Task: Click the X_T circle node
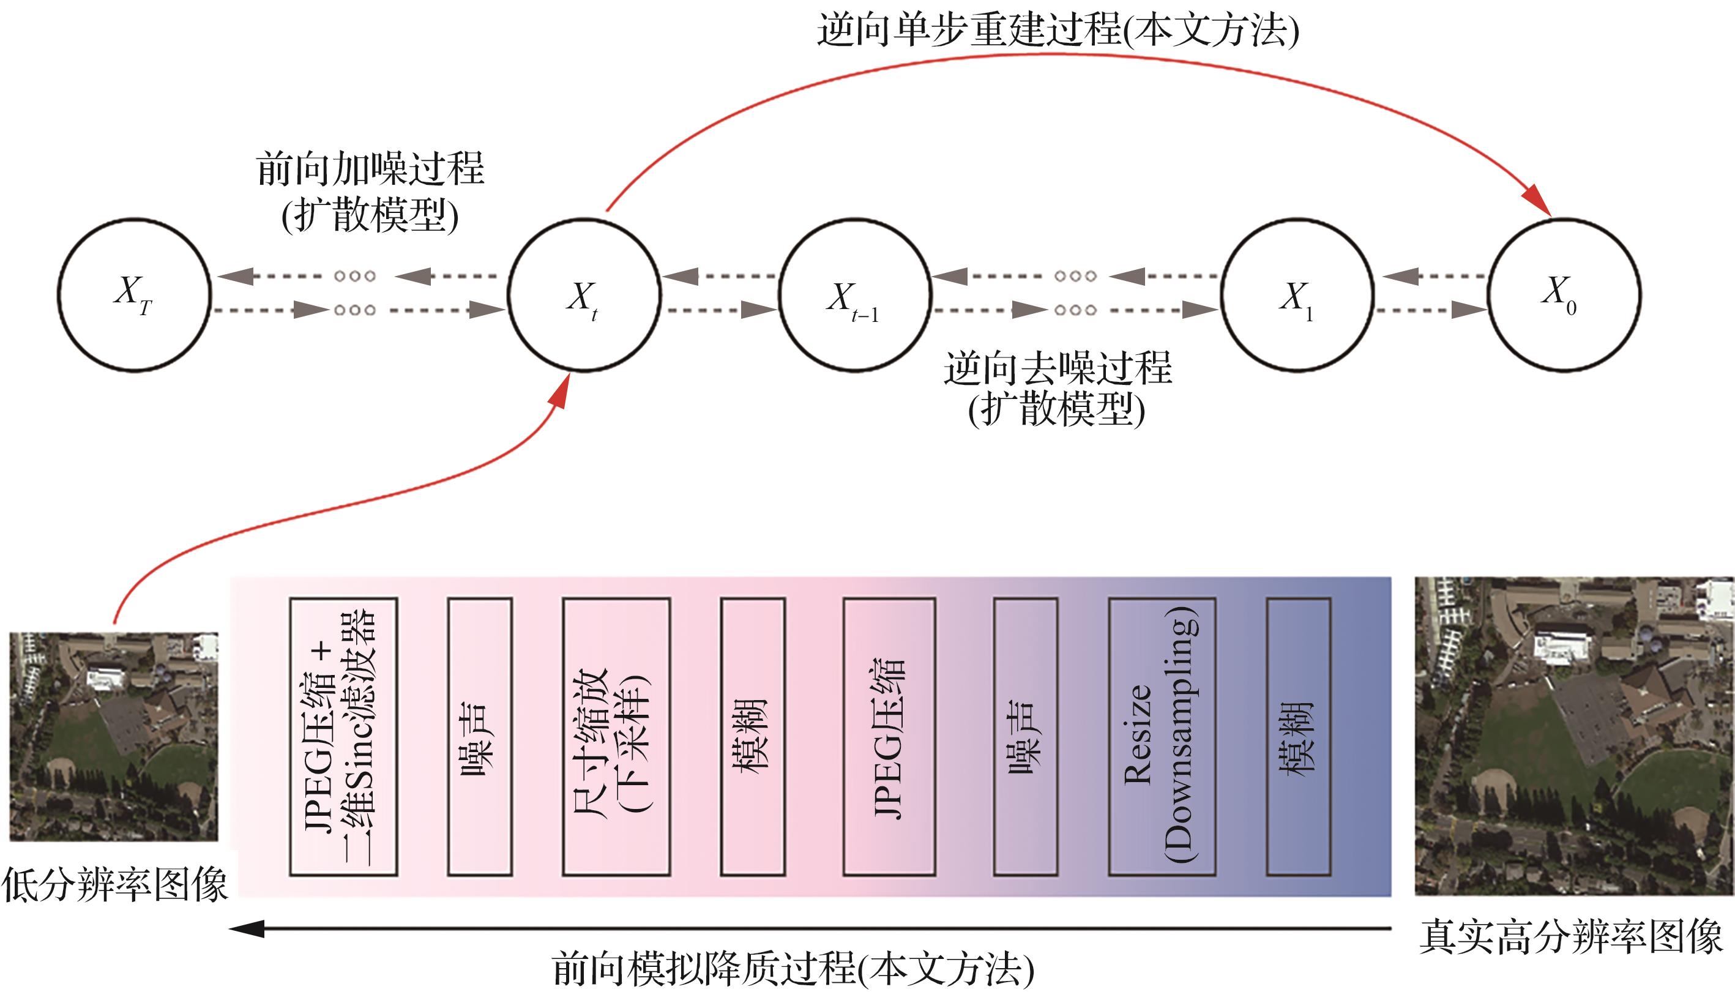pos(134,295)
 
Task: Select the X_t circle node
pos(584,295)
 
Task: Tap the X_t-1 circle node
pos(854,295)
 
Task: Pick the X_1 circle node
pos(1296,295)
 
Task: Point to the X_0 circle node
pos(1564,295)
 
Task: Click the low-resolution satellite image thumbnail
pos(114,736)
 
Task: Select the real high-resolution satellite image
pos(1574,736)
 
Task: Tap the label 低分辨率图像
pos(114,886)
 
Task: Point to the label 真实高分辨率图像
pos(1571,938)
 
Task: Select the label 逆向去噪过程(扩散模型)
pos(1057,389)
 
